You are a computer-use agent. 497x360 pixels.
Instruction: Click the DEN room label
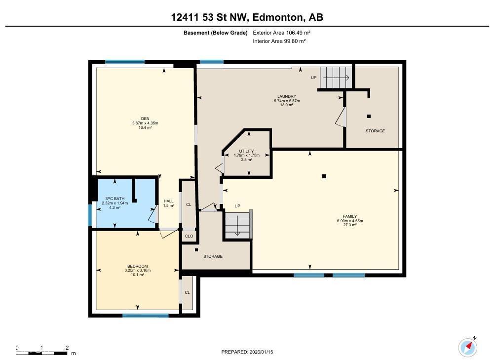pyautogui.click(x=145, y=118)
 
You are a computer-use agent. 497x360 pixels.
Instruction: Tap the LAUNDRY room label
pyautogui.click(x=286, y=96)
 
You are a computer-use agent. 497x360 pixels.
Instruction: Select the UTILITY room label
pyautogui.click(x=246, y=151)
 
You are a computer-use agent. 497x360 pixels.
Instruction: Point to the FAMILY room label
pyautogui.click(x=350, y=216)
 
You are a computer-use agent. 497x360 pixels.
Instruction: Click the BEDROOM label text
pyautogui.click(x=138, y=266)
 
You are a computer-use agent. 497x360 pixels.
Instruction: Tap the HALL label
pyautogui.click(x=169, y=201)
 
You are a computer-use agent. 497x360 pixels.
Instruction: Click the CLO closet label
pyautogui.click(x=189, y=237)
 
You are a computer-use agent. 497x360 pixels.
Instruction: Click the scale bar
pyautogui.click(x=42, y=353)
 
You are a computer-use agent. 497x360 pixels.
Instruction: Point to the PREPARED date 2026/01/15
pyautogui.click(x=247, y=352)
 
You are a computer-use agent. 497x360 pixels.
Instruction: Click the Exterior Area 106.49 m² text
pyautogui.click(x=281, y=33)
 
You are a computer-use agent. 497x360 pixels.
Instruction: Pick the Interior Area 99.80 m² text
pyautogui.click(x=279, y=41)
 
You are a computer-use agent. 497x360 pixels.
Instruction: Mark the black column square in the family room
pyautogui.click(x=324, y=176)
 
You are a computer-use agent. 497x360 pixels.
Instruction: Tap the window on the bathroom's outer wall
pyautogui.click(x=90, y=215)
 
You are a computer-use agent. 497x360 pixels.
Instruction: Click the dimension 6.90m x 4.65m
pyautogui.click(x=350, y=221)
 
